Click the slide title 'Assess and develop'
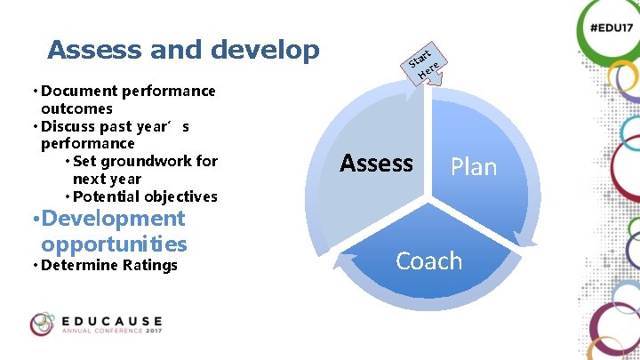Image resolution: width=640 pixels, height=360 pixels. (x=183, y=50)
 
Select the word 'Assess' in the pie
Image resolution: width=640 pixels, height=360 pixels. (x=376, y=164)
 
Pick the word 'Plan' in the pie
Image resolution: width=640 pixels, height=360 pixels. (x=473, y=167)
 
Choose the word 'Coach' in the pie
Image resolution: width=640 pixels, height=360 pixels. (x=428, y=260)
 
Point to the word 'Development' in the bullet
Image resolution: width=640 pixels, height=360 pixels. (x=113, y=219)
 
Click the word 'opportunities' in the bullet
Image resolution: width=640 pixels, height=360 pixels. (x=114, y=244)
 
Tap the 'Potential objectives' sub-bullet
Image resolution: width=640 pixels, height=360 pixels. (x=144, y=196)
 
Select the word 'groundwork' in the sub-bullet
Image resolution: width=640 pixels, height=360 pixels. (x=148, y=161)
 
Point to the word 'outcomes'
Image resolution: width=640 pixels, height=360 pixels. (x=76, y=108)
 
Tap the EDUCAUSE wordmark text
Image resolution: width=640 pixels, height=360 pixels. (x=112, y=319)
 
